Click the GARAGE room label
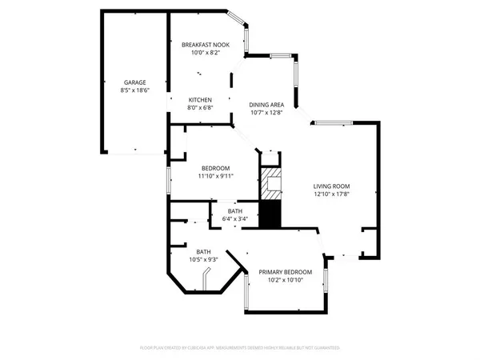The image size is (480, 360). (x=134, y=82)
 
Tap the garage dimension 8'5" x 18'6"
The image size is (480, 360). (x=134, y=90)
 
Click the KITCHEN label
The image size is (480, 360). (x=200, y=100)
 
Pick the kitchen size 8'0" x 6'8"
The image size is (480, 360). (x=200, y=108)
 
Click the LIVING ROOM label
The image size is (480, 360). (x=331, y=185)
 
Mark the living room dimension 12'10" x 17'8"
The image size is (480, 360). (x=331, y=193)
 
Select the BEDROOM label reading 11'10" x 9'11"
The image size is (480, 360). (x=215, y=168)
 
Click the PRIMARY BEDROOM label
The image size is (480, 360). (x=285, y=272)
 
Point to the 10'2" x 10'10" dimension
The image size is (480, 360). (x=285, y=280)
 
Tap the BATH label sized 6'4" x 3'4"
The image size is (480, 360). (x=234, y=211)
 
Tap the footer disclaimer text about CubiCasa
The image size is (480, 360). (x=240, y=348)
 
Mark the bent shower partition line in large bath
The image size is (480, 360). (x=206, y=280)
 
